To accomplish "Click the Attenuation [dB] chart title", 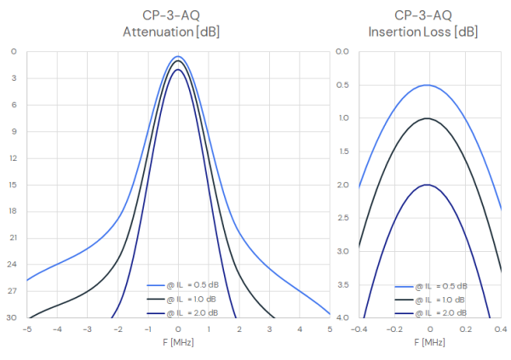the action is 171,24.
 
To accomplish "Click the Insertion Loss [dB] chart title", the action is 423,24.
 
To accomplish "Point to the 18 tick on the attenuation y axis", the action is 13,211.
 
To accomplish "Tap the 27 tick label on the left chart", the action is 12,290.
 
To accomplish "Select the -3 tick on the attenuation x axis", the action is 87,329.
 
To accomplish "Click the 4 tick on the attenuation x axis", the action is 300,329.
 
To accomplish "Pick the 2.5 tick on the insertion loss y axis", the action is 342,218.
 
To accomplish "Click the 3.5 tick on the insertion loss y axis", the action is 342,285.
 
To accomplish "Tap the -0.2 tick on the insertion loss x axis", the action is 394,329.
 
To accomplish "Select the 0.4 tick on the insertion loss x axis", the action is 501,329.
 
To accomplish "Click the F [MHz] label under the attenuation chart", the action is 178,342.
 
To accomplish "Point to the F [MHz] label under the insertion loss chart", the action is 429,342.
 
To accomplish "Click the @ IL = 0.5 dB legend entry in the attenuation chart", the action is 183,285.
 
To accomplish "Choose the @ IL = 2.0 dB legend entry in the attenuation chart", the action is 182,313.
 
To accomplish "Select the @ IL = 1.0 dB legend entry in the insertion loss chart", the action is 430,300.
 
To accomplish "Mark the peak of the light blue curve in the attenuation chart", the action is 178,56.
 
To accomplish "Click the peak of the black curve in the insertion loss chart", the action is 428,118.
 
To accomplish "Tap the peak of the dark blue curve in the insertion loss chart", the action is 428,185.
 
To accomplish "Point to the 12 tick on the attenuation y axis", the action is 13,158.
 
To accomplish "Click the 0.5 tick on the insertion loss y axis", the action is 342,85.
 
